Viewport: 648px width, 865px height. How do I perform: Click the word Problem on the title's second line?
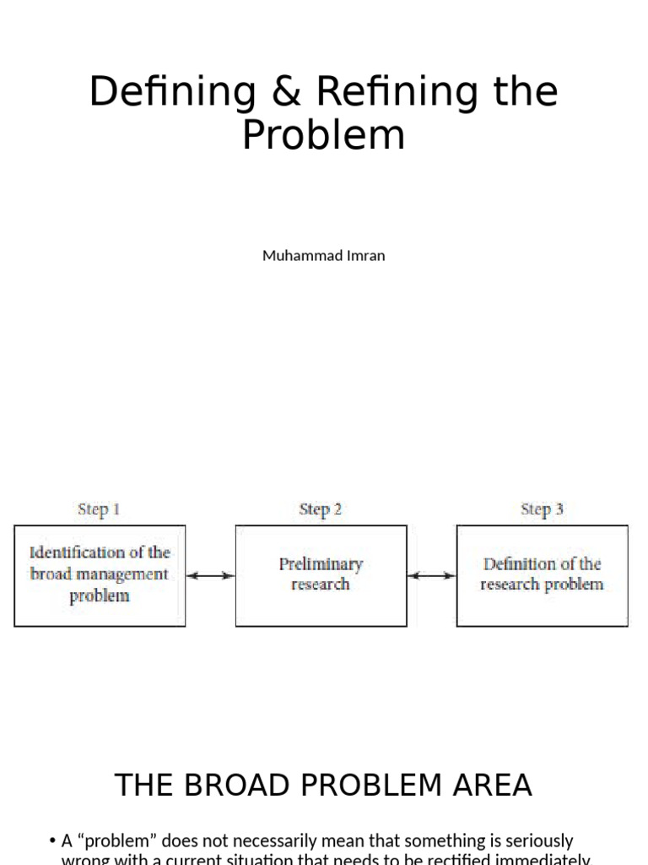click(x=323, y=135)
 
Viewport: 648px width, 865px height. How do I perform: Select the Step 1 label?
click(x=99, y=509)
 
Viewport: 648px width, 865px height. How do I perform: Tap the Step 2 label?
click(x=321, y=509)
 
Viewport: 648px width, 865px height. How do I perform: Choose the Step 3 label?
click(x=542, y=509)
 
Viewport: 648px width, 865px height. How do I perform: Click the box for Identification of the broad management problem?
click(x=100, y=575)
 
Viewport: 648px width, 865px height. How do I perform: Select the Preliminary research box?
click(x=321, y=575)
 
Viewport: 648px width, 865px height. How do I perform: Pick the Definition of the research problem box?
click(x=542, y=575)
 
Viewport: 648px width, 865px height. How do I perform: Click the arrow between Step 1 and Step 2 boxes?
click(x=210, y=575)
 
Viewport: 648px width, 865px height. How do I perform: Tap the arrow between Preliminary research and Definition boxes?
click(x=431, y=575)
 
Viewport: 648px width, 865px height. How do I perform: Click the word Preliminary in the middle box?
click(x=321, y=564)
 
